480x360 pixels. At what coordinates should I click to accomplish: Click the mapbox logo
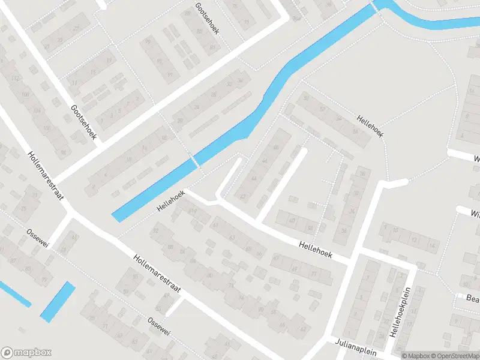tap(26, 353)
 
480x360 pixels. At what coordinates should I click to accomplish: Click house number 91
tap(170, 74)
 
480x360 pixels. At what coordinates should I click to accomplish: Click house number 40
tap(292, 221)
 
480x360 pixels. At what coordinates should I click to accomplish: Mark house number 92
tap(157, 230)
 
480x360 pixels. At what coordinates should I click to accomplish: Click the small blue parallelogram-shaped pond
tap(58, 302)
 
